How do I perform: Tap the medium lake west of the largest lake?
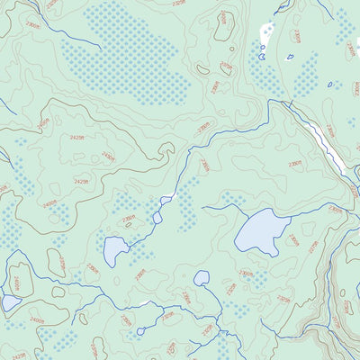click(115, 251)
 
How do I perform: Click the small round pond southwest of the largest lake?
click(202, 279)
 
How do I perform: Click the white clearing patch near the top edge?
click(266, 34)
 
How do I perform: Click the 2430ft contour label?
click(108, 157)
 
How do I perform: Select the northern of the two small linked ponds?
click(166, 200)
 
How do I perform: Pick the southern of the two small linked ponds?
click(157, 217)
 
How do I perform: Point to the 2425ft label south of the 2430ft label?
click(81, 182)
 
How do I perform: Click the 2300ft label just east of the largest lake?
click(293, 239)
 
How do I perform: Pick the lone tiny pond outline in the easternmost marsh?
click(331, 85)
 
